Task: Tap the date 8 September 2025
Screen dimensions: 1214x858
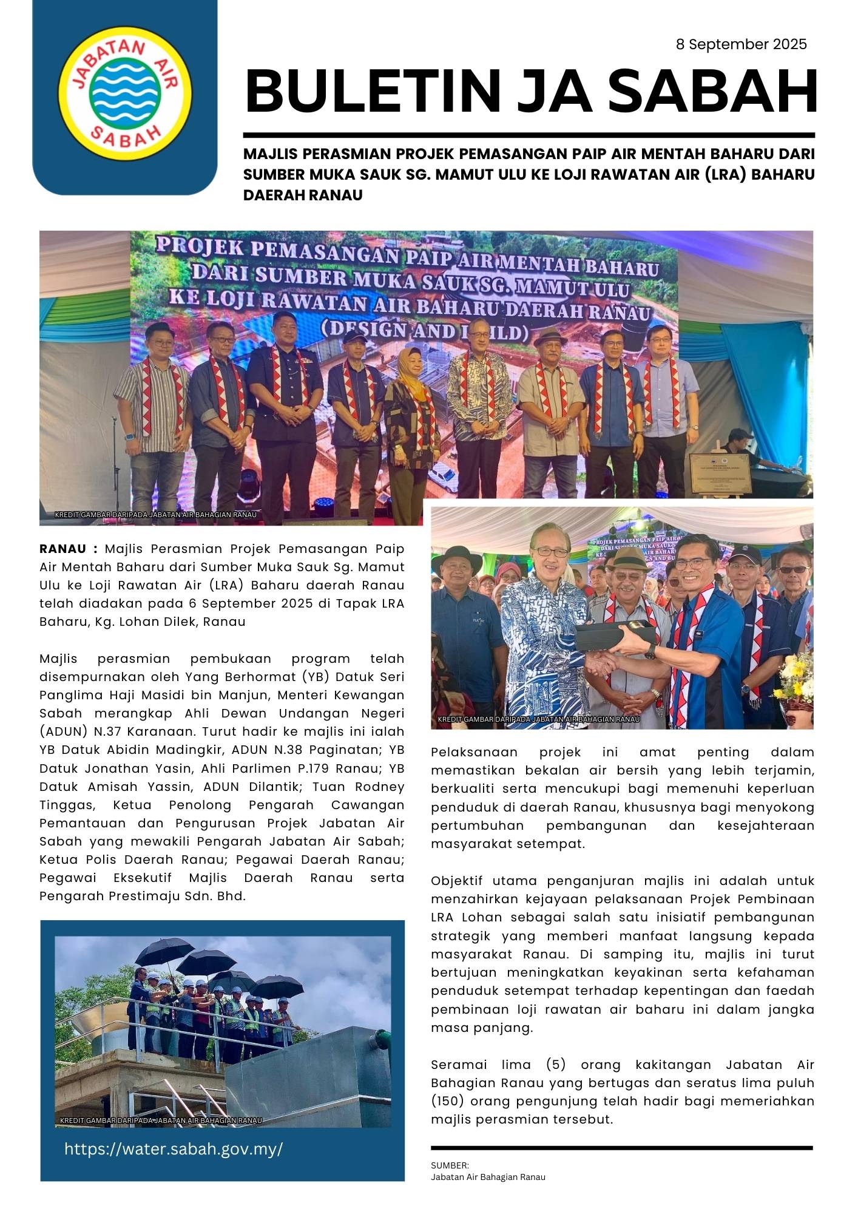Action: coord(741,44)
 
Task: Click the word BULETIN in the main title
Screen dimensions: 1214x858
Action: coord(372,92)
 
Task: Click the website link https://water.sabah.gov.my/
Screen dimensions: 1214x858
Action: coord(174,1149)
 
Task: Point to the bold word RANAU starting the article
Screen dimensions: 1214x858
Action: coord(62,549)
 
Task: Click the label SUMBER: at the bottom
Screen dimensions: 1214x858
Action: coord(450,1165)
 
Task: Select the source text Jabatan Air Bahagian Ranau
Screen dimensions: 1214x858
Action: coord(488,1177)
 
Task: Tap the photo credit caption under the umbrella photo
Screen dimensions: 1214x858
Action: coord(161,1121)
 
